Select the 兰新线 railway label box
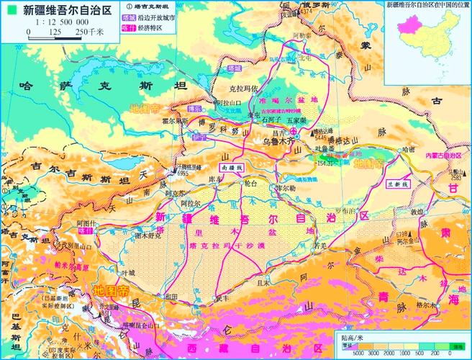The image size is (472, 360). (x=399, y=184)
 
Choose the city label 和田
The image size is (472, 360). (x=171, y=296)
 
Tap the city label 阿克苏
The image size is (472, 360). (x=176, y=194)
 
